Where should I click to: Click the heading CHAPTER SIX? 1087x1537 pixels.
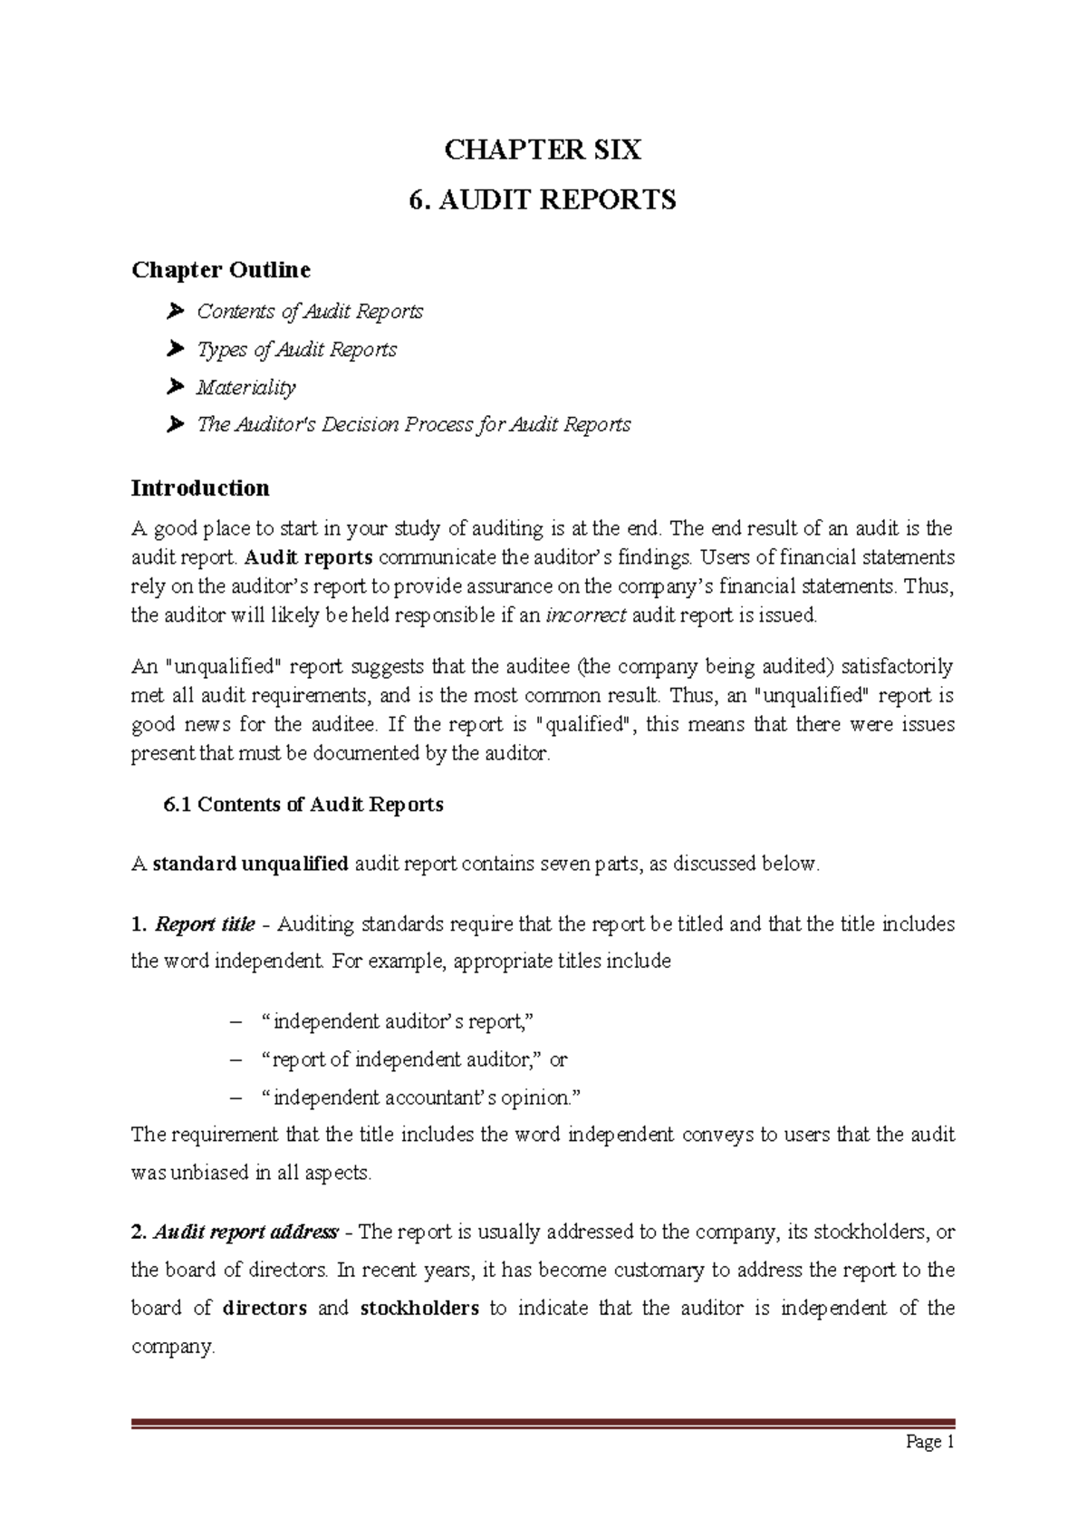543,150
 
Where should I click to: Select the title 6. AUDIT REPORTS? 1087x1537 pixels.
543,199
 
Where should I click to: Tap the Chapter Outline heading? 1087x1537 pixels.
221,270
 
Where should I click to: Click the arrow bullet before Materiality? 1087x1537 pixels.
176,387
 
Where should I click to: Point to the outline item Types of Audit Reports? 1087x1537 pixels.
297,350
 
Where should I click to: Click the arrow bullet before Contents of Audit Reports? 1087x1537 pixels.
176,312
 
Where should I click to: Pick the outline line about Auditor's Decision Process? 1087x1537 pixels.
414,425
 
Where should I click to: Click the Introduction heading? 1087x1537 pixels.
200,488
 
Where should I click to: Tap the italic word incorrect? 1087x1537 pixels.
585,615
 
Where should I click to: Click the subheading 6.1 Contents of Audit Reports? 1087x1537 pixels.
303,805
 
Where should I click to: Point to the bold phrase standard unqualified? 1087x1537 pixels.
250,864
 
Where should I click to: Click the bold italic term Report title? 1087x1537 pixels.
205,924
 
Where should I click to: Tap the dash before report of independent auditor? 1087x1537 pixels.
236,1059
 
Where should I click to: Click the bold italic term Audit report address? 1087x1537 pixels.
245,1232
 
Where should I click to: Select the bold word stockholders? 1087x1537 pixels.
419,1309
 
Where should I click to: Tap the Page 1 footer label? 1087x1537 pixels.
929,1442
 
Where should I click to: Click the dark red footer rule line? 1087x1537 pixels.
543,1424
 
